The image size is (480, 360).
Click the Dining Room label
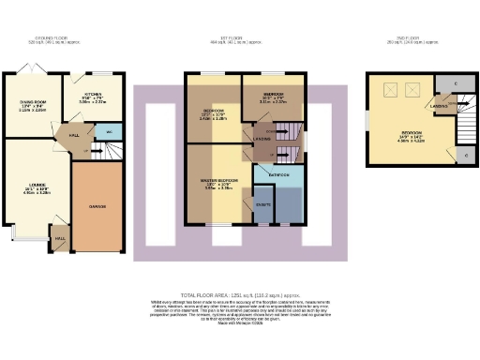point(33,105)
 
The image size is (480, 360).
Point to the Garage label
point(98,205)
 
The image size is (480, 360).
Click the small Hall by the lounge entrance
point(61,238)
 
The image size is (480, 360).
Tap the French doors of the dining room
point(34,70)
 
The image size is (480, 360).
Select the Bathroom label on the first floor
point(277,174)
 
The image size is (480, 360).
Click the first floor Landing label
point(262,141)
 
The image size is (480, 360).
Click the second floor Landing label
point(439,107)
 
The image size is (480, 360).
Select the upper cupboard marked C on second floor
point(455,85)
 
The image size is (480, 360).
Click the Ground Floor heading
point(48,39)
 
